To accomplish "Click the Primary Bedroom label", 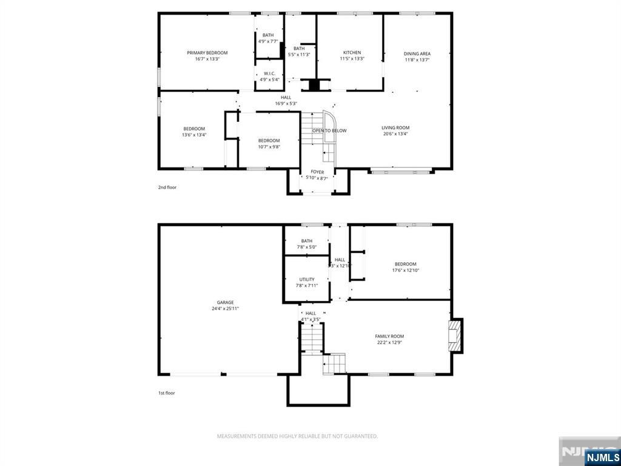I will coord(207,53).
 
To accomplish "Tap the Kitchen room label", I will coord(352,53).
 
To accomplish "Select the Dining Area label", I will coord(417,53).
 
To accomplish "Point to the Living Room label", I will coord(395,128).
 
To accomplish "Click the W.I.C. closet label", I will coord(269,73).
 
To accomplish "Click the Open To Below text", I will coord(329,130).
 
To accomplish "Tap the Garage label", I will coord(226,302).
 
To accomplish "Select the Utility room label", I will coord(306,280).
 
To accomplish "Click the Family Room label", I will coord(389,336).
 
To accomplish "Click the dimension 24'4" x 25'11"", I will coord(226,309).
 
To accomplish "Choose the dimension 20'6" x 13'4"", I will coord(395,135).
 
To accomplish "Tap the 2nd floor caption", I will coord(167,187).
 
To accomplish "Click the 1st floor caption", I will coord(167,393).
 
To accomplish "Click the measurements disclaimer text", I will coord(298,436).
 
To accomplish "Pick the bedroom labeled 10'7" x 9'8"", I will coord(269,143).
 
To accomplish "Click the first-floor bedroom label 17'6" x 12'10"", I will coord(406,267).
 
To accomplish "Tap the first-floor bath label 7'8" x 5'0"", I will coord(306,244).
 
